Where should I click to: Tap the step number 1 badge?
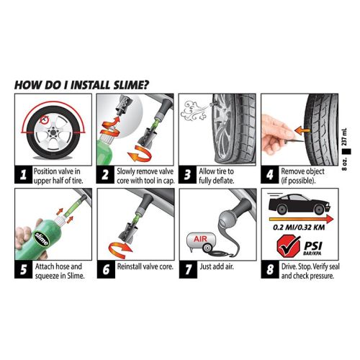(x=22, y=172)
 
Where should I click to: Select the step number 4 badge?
(x=266, y=172)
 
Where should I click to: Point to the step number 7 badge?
(x=185, y=267)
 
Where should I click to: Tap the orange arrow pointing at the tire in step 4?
(x=298, y=130)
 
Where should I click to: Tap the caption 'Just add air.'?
(x=216, y=267)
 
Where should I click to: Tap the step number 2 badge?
(x=103, y=172)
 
